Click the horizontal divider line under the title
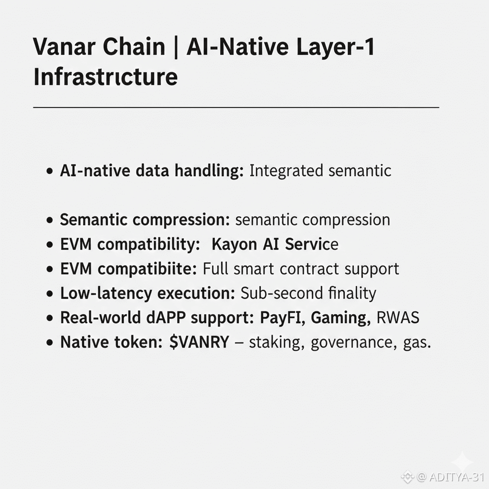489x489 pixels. coord(236,108)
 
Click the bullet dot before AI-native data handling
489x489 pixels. coord(50,171)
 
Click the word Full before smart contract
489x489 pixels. coord(216,269)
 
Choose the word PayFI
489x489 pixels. coord(282,318)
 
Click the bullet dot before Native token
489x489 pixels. coord(50,343)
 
